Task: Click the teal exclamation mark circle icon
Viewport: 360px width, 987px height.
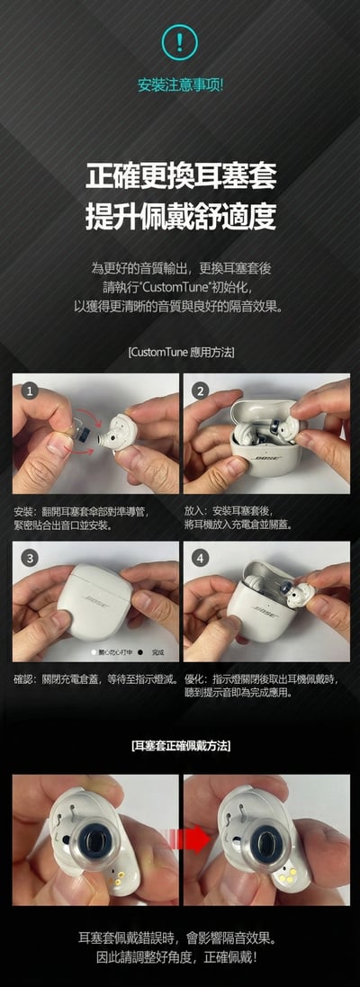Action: coord(180,41)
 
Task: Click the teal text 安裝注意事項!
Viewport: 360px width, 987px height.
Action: coord(180,85)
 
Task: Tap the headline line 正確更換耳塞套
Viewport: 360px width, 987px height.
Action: coord(180,175)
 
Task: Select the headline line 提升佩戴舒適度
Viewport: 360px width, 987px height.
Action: coord(180,216)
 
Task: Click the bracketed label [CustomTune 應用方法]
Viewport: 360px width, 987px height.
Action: coord(180,353)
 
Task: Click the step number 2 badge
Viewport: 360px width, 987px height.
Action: coord(201,390)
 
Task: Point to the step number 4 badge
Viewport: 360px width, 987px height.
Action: coord(201,559)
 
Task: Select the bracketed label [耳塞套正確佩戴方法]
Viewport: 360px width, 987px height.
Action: coord(180,746)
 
